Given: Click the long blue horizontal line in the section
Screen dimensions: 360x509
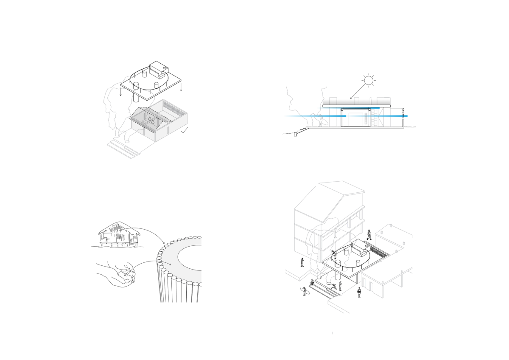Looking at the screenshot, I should (x=297, y=115).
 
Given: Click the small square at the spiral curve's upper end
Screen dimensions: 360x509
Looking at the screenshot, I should (x=202, y=237).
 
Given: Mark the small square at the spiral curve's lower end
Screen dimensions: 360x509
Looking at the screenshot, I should (x=201, y=282).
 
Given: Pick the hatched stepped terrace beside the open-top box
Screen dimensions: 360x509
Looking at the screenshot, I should (x=121, y=146).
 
